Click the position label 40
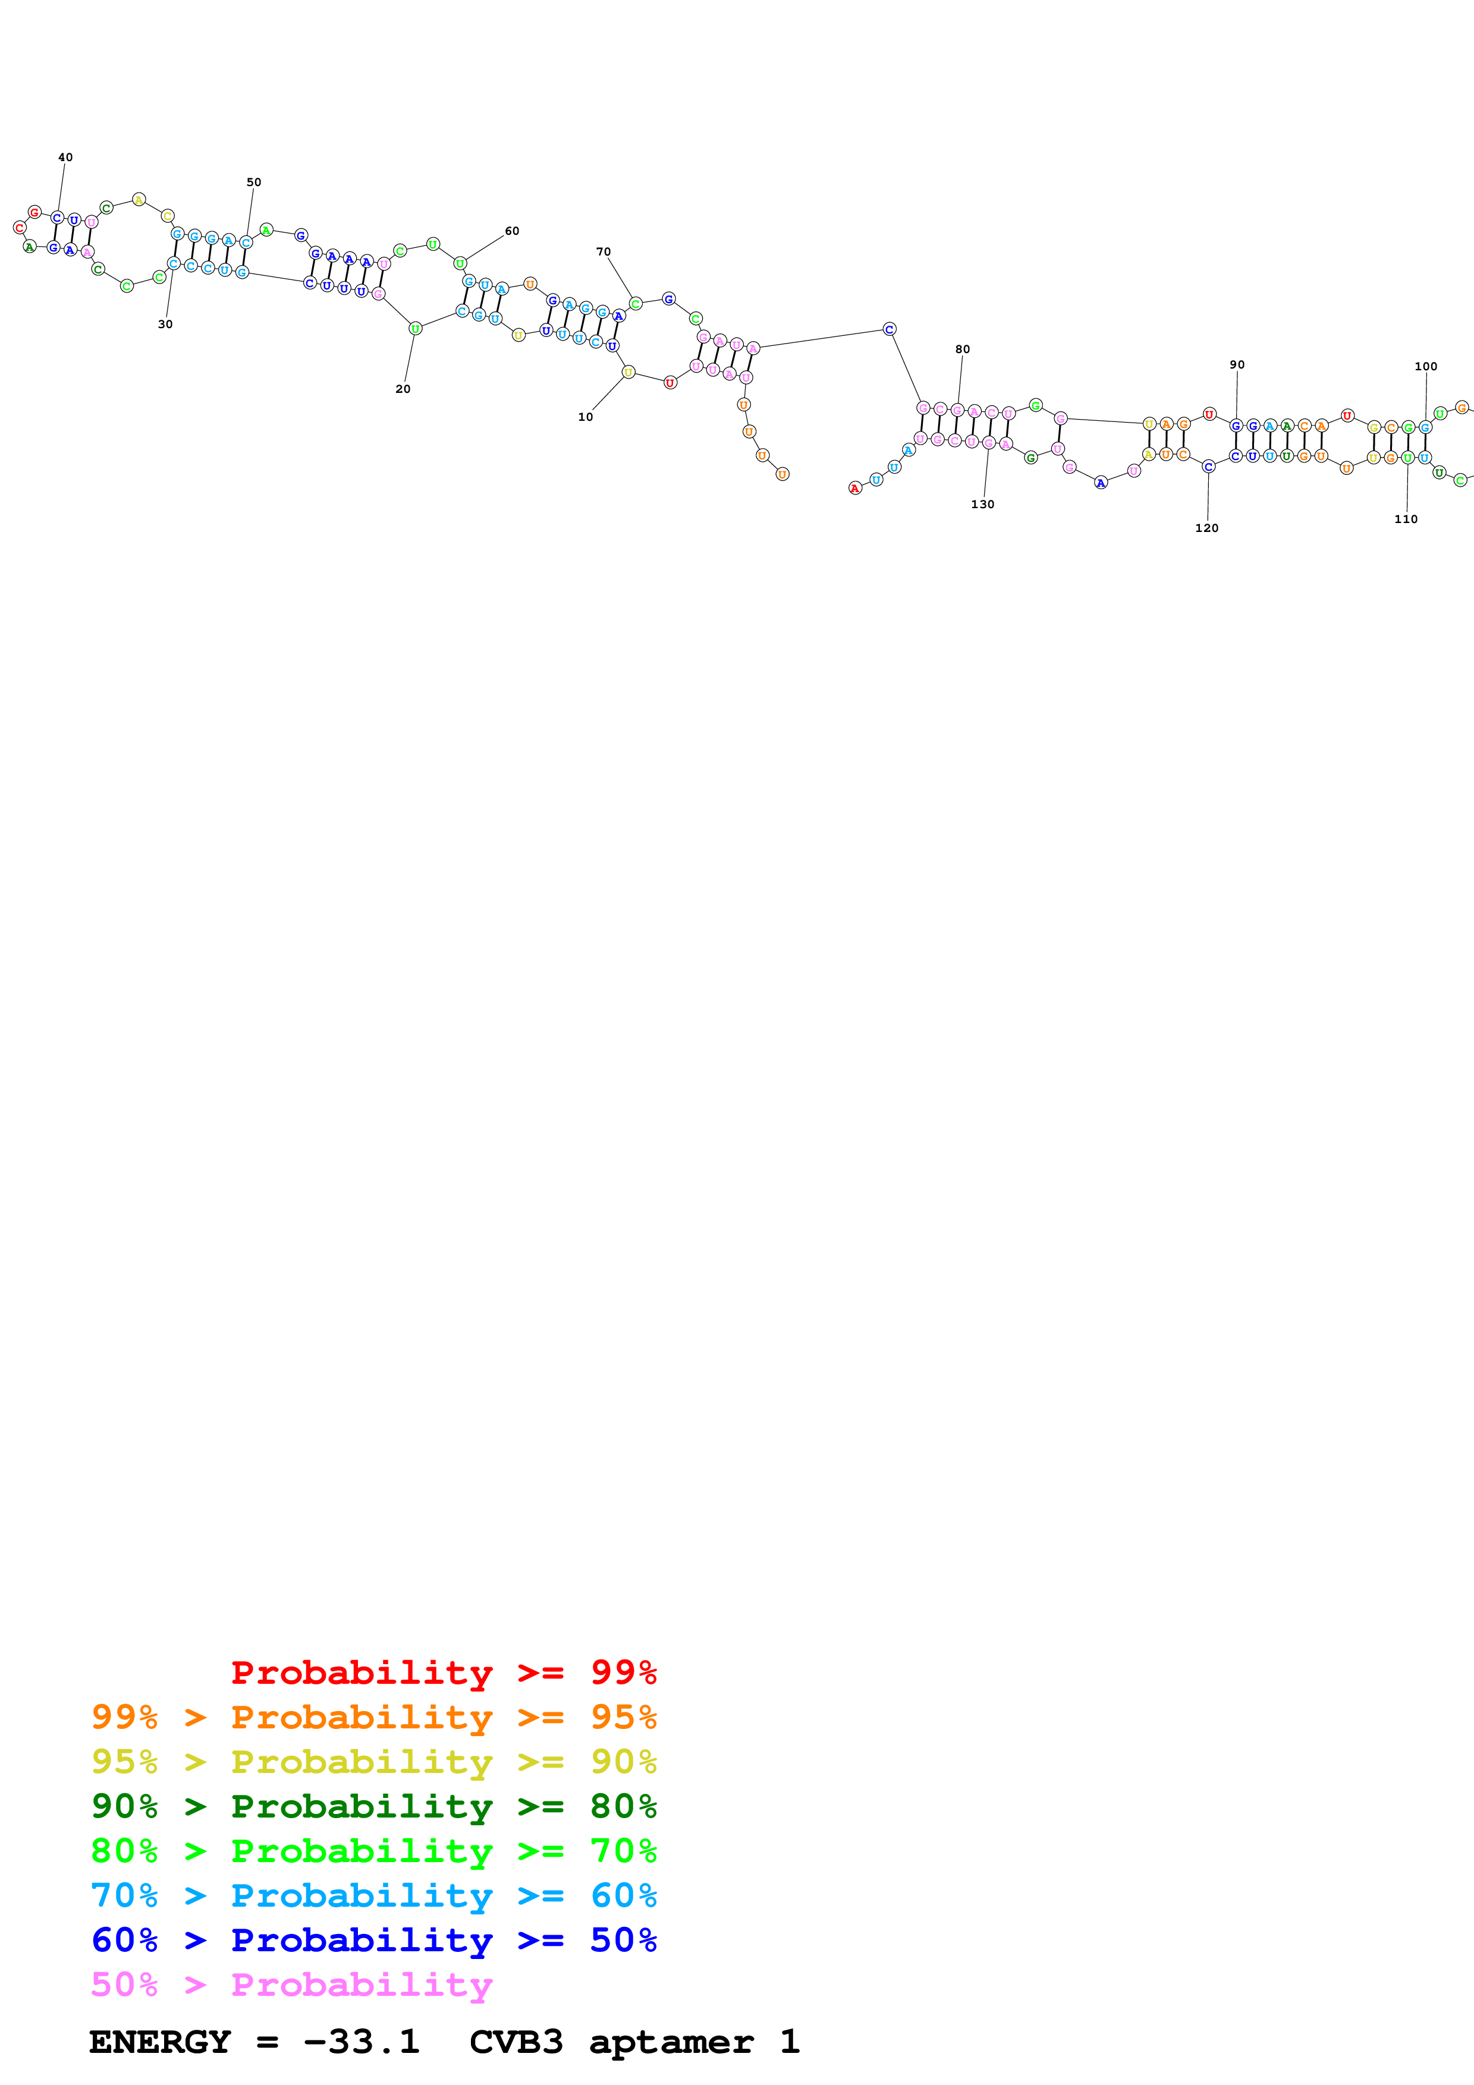pyautogui.click(x=65, y=157)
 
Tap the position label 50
pyautogui.click(x=254, y=182)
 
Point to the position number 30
pyautogui.click(x=165, y=324)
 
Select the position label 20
pyautogui.click(x=403, y=389)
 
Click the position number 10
pyautogui.click(x=586, y=417)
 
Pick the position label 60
pyautogui.click(x=512, y=231)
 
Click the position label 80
pyautogui.click(x=963, y=349)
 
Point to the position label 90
pyautogui.click(x=1237, y=364)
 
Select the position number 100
pyautogui.click(x=1426, y=366)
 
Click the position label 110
pyautogui.click(x=1406, y=518)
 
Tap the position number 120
pyautogui.click(x=1207, y=528)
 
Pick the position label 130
pyautogui.click(x=983, y=504)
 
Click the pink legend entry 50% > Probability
pyautogui.click(x=291, y=1984)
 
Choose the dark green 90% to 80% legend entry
pyautogui.click(x=374, y=1806)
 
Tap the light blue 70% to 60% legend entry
pyautogui.click(x=374, y=1895)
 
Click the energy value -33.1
pyautogui.click(x=362, y=2042)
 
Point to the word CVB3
pyautogui.click(x=516, y=2042)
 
